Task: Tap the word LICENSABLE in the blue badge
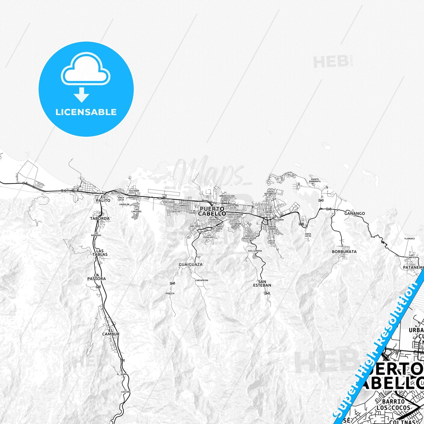click(86, 112)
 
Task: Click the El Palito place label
click(103, 199)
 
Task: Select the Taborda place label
click(100, 219)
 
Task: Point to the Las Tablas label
click(100, 253)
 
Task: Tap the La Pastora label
click(97, 277)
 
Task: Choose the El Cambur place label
click(111, 332)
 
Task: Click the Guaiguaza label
click(190, 264)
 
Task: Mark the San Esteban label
click(262, 283)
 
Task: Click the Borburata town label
click(344, 251)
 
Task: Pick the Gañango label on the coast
click(354, 214)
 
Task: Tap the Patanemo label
click(413, 268)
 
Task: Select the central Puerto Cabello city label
click(212, 211)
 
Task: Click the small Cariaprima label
click(202, 280)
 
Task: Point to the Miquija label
click(170, 293)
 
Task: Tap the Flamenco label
click(409, 239)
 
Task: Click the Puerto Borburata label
click(315, 180)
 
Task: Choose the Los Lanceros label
click(136, 210)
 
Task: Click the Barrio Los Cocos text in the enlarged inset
click(393, 404)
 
